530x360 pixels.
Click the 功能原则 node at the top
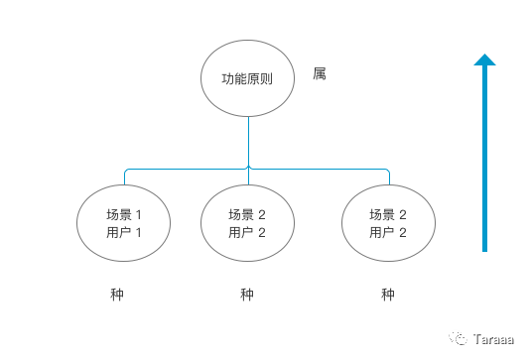point(248,78)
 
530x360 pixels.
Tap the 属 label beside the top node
point(319,74)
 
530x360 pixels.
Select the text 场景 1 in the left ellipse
point(124,214)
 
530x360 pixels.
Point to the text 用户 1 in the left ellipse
point(124,233)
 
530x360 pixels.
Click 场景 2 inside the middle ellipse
point(247,214)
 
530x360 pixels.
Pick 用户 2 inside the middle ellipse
point(247,233)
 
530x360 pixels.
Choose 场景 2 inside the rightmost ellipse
point(388,214)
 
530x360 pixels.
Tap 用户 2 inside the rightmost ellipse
point(388,233)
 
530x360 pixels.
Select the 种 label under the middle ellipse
point(247,295)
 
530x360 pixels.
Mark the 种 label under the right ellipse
point(388,295)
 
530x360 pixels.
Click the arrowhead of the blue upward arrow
point(484,60)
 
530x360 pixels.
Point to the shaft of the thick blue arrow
point(484,159)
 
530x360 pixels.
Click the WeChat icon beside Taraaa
point(460,336)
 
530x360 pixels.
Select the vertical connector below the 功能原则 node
point(248,139)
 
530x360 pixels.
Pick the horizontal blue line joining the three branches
point(318,169)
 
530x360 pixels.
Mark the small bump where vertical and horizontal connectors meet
point(248,168)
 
